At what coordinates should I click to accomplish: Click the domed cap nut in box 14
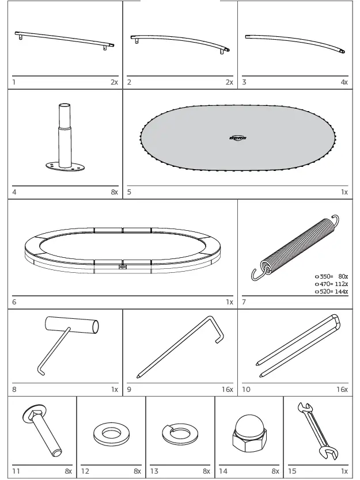[248, 434]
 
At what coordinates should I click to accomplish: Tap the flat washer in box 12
[111, 433]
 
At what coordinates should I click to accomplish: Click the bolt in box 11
[43, 433]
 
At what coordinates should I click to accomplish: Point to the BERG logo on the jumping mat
[237, 138]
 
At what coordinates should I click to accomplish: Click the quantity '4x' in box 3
[344, 82]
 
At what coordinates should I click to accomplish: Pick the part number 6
[14, 302]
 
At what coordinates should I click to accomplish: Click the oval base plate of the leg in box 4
[65, 166]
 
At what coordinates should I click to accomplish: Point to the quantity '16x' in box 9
[228, 390]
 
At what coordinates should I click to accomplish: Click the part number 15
[292, 471]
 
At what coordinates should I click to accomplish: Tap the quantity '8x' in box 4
[114, 192]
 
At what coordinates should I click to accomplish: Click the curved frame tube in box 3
[295, 43]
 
